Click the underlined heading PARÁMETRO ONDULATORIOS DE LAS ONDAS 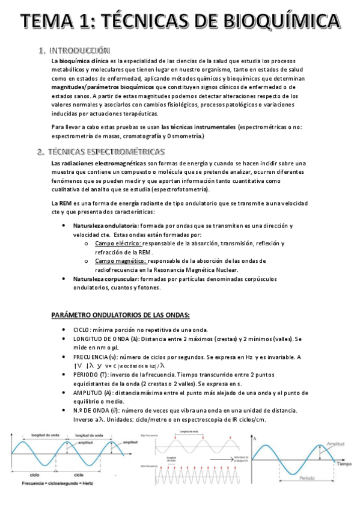120,315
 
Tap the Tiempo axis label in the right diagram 344,465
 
